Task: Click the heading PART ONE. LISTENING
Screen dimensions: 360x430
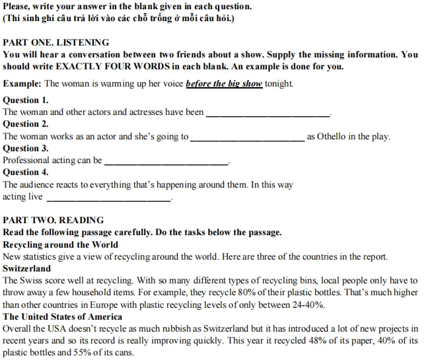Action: click(56, 42)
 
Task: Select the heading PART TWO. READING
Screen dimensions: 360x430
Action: click(54, 220)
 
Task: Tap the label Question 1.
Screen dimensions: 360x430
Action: click(26, 100)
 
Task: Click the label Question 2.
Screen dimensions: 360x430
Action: click(26, 124)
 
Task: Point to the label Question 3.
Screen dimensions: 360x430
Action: click(26, 149)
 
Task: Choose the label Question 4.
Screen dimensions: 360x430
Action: click(26, 172)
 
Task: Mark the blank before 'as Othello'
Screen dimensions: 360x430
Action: click(247, 137)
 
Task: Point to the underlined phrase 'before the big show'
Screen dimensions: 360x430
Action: click(224, 84)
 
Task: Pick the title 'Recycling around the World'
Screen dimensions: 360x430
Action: click(61, 244)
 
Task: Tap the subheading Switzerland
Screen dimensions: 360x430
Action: click(26, 269)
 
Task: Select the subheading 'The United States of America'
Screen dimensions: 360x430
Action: click(62, 316)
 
